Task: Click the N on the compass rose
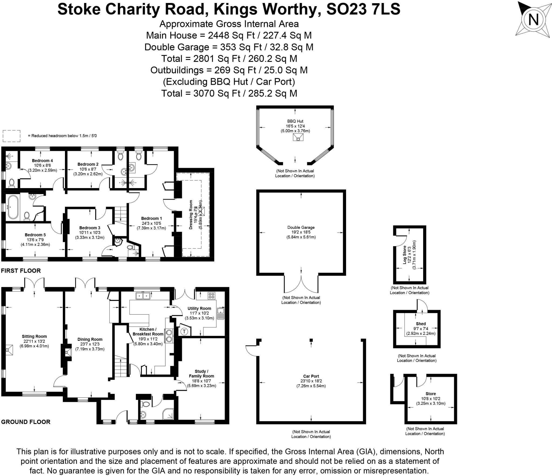point(533,19)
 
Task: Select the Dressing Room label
point(191,215)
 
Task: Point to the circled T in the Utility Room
point(184,331)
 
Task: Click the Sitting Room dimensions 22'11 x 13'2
point(34,341)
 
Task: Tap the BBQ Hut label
point(295,121)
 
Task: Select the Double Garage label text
point(301,227)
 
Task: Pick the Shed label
point(421,324)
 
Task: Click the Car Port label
point(311,376)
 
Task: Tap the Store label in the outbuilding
point(431,394)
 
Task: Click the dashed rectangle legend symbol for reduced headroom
point(11,136)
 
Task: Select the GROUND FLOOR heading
point(26,422)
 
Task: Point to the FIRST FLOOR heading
point(21,271)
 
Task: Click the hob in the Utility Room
point(212,296)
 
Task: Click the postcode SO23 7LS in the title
point(363,9)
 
